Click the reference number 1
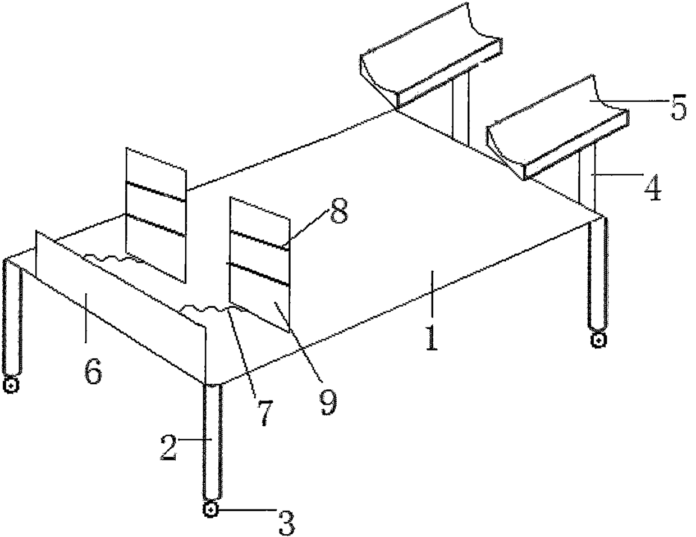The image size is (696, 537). click(432, 338)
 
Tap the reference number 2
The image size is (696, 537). click(168, 448)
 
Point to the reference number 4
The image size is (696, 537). click(653, 187)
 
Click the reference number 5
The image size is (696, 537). click(679, 107)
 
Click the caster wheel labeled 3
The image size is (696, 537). click(210, 509)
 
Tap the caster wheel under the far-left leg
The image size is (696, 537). click(11, 386)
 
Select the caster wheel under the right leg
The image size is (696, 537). click(598, 340)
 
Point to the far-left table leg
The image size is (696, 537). click(13, 319)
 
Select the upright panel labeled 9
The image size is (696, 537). click(259, 265)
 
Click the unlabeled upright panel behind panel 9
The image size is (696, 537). click(156, 215)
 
